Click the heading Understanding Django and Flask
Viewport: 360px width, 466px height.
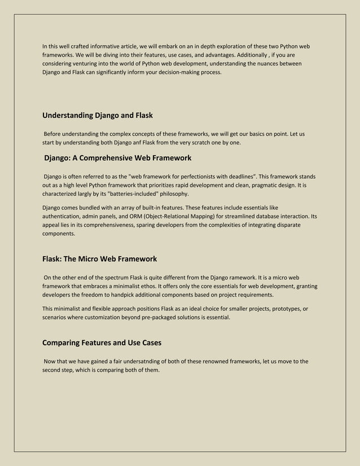coord(98,116)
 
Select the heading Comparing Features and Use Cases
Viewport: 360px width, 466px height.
coord(102,342)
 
